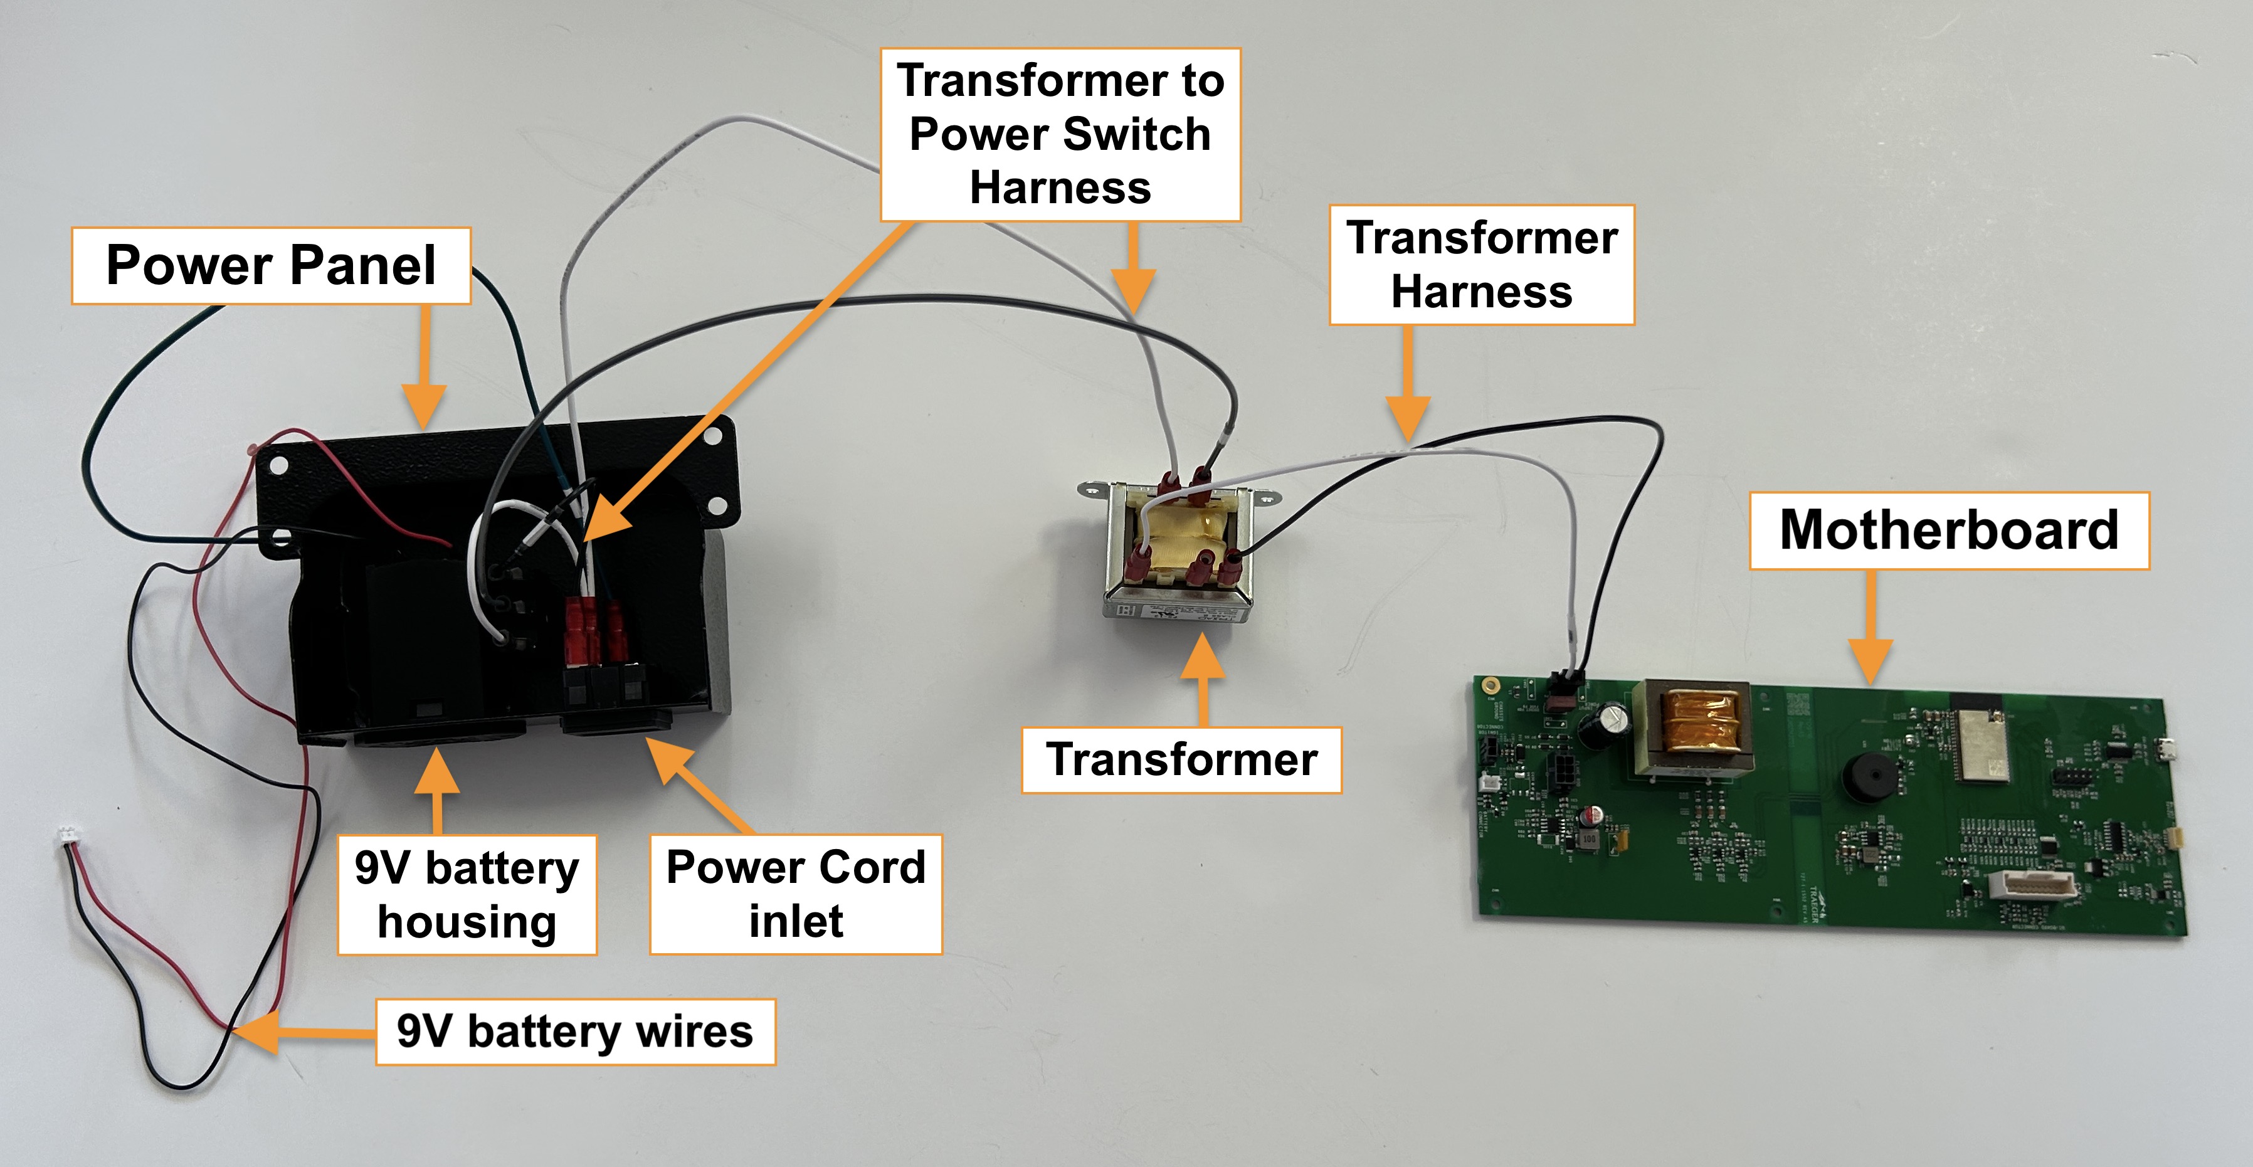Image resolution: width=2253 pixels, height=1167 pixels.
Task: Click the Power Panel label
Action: [270, 266]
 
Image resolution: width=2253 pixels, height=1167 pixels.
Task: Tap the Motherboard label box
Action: [1949, 530]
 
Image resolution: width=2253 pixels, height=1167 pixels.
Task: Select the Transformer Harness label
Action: [1482, 265]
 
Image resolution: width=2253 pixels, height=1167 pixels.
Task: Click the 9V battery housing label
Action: [467, 894]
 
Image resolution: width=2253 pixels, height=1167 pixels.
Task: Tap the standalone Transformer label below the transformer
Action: [1181, 759]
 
